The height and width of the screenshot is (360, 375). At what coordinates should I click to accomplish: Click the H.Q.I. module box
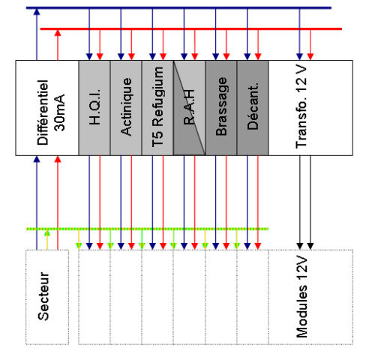click(94, 108)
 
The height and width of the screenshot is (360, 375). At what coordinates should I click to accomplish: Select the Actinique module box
click(126, 108)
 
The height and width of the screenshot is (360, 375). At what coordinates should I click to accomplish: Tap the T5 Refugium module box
click(157, 108)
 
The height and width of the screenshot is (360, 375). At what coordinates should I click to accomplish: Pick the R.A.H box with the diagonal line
click(189, 108)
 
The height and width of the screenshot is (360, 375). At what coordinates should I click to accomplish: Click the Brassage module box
click(221, 108)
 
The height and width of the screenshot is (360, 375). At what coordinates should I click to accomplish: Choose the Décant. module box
click(253, 108)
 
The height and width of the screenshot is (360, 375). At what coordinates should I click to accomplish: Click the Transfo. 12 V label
click(301, 107)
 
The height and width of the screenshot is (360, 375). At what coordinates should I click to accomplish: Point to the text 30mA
click(59, 112)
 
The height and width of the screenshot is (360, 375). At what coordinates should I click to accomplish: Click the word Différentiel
click(43, 112)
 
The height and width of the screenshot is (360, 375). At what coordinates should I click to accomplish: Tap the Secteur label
click(43, 296)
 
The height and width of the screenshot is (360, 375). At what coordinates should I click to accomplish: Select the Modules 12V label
click(301, 297)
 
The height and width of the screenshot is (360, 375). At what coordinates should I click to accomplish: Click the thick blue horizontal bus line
click(178, 8)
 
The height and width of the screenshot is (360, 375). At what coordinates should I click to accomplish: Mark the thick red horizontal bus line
click(191, 29)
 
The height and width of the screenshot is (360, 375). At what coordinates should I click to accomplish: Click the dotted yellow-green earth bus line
click(147, 229)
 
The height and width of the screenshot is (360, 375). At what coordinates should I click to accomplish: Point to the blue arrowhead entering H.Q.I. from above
click(89, 57)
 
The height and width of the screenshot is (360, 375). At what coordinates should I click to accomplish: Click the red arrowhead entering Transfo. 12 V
click(310, 57)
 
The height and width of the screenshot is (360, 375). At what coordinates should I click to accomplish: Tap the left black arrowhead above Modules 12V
click(300, 246)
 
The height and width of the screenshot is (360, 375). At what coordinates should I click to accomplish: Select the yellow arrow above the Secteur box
click(47, 240)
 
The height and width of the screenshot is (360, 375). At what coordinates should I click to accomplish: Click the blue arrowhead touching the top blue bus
click(37, 11)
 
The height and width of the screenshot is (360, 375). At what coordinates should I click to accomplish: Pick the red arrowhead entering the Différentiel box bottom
click(58, 159)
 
